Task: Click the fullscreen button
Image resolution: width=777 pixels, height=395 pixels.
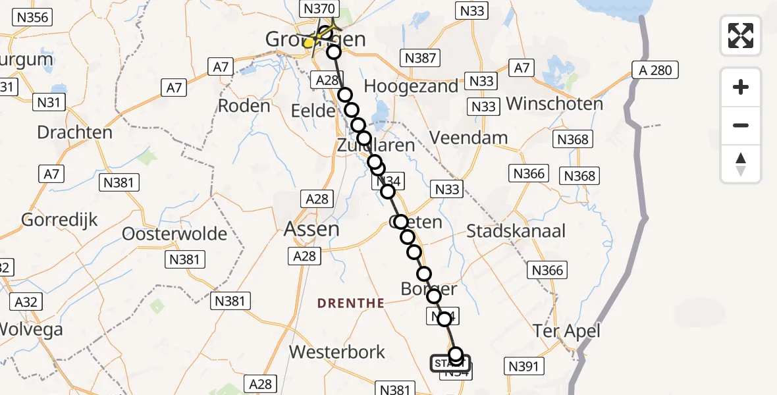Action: pyautogui.click(x=741, y=36)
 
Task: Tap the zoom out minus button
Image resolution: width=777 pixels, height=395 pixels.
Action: pyautogui.click(x=741, y=125)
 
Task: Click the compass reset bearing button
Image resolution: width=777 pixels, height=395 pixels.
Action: pyautogui.click(x=741, y=164)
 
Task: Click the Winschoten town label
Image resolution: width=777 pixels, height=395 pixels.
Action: pyautogui.click(x=554, y=104)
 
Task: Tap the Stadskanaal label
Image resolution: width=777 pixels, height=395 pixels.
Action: pyautogui.click(x=516, y=231)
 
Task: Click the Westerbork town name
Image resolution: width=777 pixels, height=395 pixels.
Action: pyautogui.click(x=337, y=352)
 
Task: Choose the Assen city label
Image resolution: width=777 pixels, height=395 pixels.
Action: pyautogui.click(x=311, y=229)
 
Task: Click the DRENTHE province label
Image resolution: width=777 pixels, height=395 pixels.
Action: pyautogui.click(x=351, y=303)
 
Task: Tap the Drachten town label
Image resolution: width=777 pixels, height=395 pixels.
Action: pyautogui.click(x=74, y=132)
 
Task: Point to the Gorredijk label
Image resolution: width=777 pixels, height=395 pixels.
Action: pyautogui.click(x=60, y=219)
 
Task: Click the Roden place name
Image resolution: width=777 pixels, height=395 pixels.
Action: pyautogui.click(x=244, y=106)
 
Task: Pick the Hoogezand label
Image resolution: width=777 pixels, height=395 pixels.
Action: pyautogui.click(x=411, y=86)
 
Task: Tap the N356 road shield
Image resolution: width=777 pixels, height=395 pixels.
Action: pyautogui.click(x=31, y=17)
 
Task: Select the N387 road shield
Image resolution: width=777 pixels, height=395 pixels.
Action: pyautogui.click(x=421, y=58)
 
